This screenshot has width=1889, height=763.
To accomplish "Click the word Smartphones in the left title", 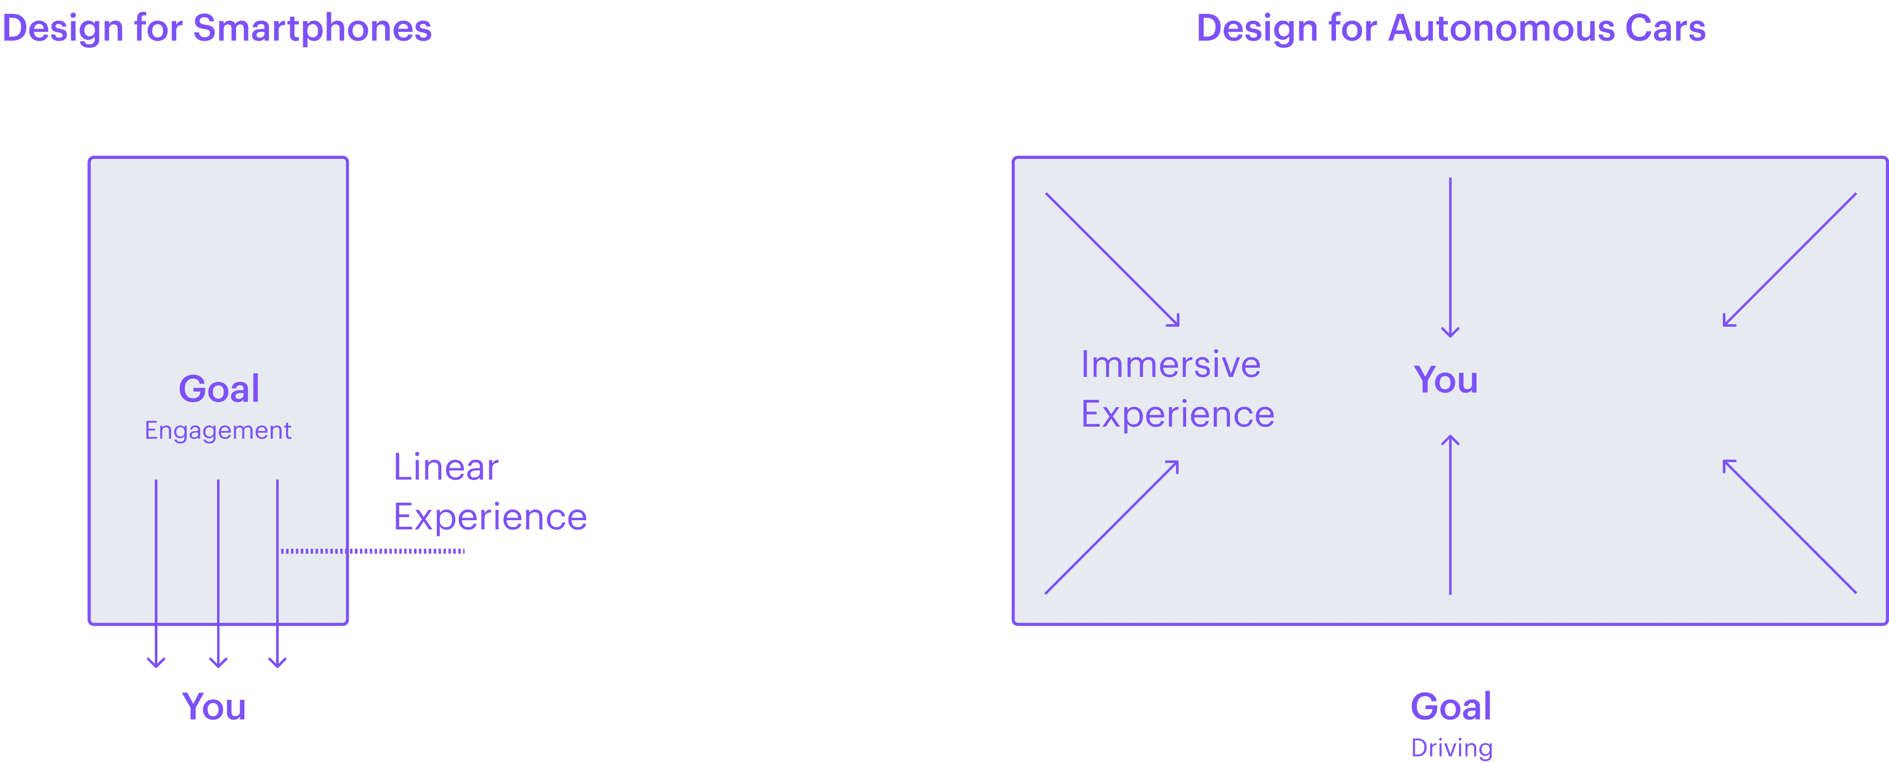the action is (x=312, y=30).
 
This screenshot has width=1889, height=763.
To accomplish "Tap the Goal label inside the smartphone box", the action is (x=219, y=389).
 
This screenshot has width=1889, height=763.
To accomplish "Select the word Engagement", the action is (x=218, y=431).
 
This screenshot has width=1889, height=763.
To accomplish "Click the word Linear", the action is (x=446, y=467).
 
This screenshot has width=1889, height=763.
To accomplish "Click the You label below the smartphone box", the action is (x=214, y=707).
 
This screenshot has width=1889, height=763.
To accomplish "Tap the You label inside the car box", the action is (x=1445, y=380).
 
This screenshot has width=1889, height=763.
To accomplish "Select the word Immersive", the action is (x=1170, y=365).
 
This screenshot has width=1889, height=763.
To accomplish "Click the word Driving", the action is (x=1451, y=748).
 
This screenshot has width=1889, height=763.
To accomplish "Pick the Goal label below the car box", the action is (x=1450, y=707).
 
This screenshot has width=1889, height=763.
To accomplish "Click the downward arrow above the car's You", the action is (x=1450, y=257).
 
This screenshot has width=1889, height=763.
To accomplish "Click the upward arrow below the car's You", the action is (x=1450, y=514).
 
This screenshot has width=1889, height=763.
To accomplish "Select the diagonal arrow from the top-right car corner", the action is (x=1790, y=259).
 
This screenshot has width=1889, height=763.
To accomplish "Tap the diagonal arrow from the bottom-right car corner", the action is (x=1790, y=526).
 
